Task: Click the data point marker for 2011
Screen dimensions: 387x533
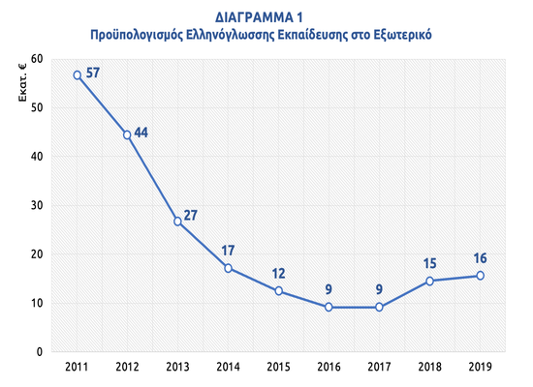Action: coord(78,74)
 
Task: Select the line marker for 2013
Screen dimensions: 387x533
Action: coord(178,222)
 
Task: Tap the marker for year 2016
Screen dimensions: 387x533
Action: coord(329,307)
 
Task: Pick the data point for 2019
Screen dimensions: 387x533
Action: coord(480,276)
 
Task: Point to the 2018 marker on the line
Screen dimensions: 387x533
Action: coord(429,281)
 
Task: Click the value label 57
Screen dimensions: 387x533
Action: coord(93,73)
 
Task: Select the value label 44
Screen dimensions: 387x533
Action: coord(141,133)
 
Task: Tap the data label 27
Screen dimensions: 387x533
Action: coord(191,215)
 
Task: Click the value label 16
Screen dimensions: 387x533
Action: coord(479,259)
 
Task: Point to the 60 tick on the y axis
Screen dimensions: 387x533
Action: coord(36,58)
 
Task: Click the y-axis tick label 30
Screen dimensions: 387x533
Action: coord(36,205)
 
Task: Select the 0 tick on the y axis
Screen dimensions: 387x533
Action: coord(40,352)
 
